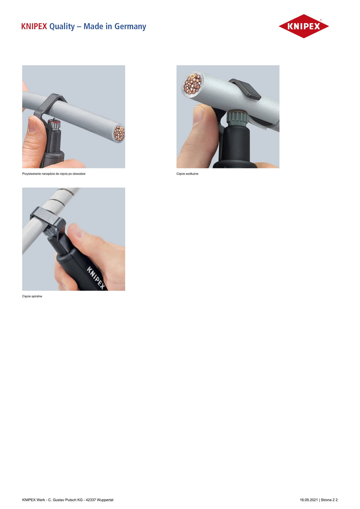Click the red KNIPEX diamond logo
pos(304,26)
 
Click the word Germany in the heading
pos(130,26)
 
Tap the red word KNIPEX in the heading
pos(34,26)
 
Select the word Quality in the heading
pos(62,27)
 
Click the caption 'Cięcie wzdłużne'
pos(187,174)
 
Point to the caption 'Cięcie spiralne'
pos(32,296)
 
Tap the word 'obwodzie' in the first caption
pos(79,174)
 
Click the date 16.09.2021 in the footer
pos(309,500)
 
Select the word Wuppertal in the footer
pos(105,500)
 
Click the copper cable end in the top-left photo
pos(119,134)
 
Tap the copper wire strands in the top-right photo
pos(193,83)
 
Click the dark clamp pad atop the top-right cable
pos(245,89)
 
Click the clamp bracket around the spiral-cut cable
pos(48,218)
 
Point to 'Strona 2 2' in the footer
pos(329,500)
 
